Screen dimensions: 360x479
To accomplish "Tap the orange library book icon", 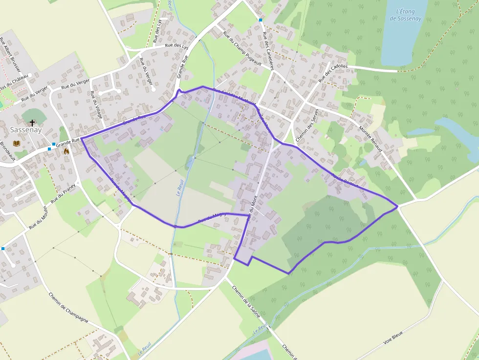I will click(17, 143).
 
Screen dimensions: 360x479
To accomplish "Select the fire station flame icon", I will click(66, 151).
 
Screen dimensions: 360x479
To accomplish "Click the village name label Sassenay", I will click(26, 131).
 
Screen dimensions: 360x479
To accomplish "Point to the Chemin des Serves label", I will click(307, 126).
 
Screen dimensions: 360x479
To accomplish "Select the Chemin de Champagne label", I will click(68, 307).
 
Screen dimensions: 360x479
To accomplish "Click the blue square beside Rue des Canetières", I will click(261, 20).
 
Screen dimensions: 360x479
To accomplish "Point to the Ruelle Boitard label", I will click(345, 181).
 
